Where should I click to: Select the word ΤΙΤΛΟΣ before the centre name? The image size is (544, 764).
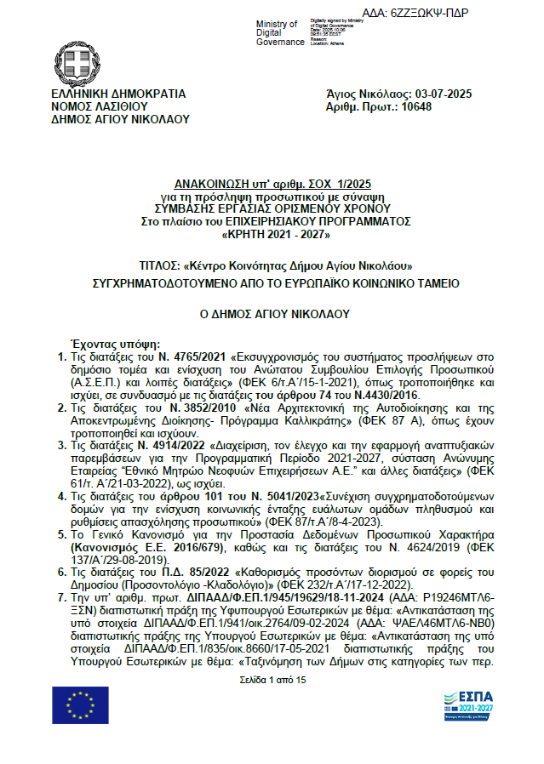click(159, 265)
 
